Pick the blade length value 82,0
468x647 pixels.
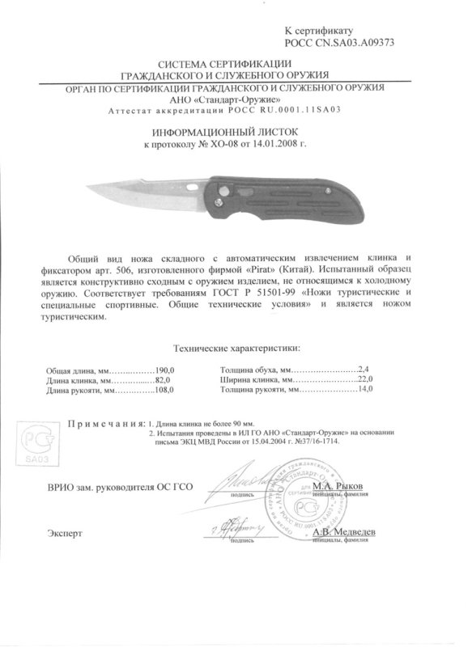click(165, 379)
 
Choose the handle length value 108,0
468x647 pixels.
click(165, 391)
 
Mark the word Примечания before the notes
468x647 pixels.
click(105, 424)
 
